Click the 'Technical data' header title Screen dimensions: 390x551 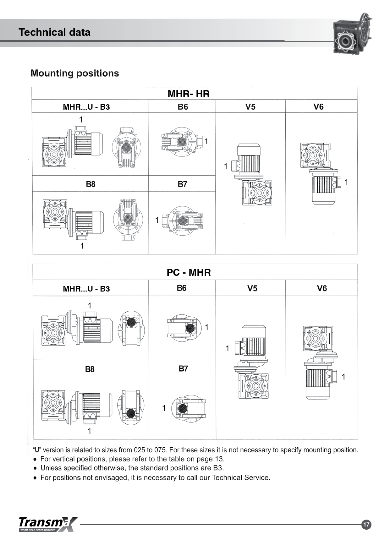[54, 32]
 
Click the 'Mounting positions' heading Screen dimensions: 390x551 [75, 73]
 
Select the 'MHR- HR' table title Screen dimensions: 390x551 [189, 94]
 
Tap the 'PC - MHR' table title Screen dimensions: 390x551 [189, 272]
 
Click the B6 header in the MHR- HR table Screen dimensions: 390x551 [183, 107]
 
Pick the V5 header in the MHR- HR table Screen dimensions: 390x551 [250, 107]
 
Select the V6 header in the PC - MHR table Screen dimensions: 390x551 [322, 288]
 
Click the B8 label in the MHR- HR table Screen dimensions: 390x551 [91, 184]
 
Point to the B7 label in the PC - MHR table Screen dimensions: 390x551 [183, 368]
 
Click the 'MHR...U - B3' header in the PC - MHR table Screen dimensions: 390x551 [86, 289]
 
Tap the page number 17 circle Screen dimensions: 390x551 [366, 524]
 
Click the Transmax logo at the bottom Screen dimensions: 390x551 [48, 524]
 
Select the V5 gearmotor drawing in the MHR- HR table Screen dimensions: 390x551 [254, 175]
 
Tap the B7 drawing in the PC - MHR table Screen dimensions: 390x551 [189, 409]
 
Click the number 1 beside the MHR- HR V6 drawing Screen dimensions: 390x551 [346, 182]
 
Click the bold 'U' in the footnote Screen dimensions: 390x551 [37, 450]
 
